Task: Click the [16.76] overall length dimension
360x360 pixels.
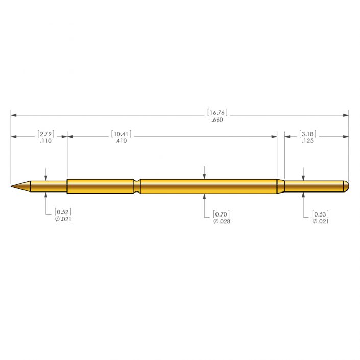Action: point(217,113)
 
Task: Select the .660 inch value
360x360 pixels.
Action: point(217,120)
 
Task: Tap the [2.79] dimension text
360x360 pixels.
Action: point(45,134)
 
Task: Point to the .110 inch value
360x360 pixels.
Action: point(45,141)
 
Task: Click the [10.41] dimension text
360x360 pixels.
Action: point(121,134)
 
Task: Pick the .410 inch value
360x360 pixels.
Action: point(121,141)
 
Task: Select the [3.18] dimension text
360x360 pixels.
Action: point(307,134)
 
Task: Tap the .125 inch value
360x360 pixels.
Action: point(307,141)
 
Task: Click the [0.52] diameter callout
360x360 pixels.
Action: point(63,212)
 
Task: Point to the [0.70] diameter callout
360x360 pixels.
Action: point(221,214)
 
